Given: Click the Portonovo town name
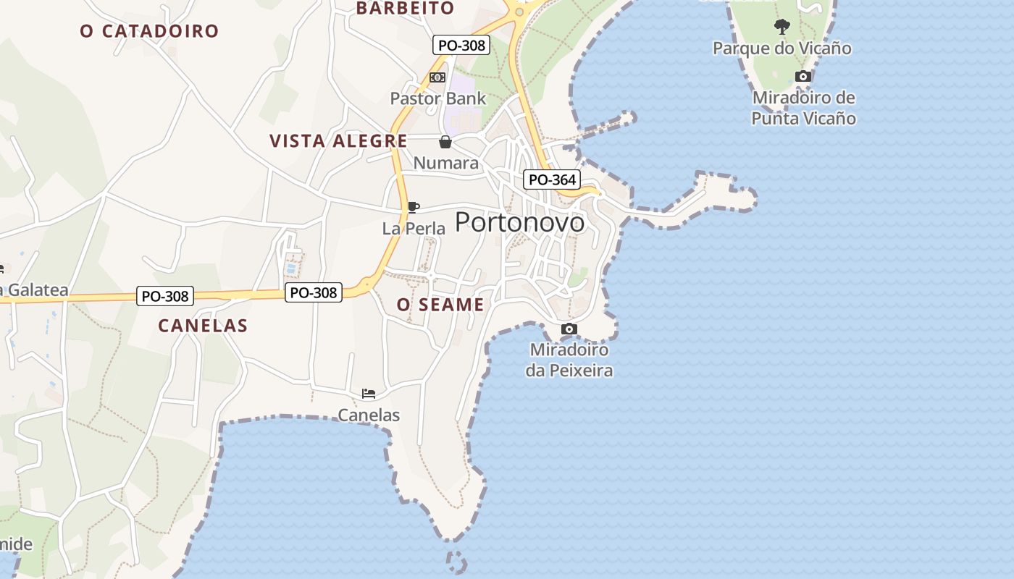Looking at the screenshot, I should pyautogui.click(x=519, y=222).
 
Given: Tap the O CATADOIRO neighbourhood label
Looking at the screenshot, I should pyautogui.click(x=149, y=31).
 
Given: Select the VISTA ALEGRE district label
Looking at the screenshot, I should pyautogui.click(x=338, y=141).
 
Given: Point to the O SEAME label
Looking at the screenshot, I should pyautogui.click(x=440, y=305).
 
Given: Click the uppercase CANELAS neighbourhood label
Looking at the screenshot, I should pyautogui.click(x=203, y=326).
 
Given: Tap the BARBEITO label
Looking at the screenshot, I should pyautogui.click(x=405, y=9).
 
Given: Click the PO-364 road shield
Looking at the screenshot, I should pyautogui.click(x=552, y=179).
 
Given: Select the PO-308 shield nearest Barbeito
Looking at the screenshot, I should pyautogui.click(x=461, y=45).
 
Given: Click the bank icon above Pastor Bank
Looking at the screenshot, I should pyautogui.click(x=437, y=77).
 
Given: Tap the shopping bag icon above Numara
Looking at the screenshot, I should pyautogui.click(x=445, y=142).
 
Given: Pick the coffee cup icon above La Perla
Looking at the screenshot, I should pyautogui.click(x=413, y=208).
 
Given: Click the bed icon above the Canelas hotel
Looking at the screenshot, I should pyautogui.click(x=369, y=394).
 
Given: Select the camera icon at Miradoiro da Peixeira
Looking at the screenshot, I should pyautogui.click(x=569, y=329).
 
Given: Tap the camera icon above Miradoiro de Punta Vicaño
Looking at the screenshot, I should pyautogui.click(x=803, y=77).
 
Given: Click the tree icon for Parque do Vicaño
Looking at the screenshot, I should pyautogui.click(x=782, y=28).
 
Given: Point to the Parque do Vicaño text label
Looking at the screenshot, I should pyautogui.click(x=782, y=48).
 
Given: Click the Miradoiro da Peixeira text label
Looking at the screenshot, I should pyautogui.click(x=569, y=360).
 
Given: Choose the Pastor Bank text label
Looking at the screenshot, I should pyautogui.click(x=438, y=98).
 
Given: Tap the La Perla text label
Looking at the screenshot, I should pyautogui.click(x=414, y=229).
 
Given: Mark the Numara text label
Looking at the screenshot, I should pyautogui.click(x=446, y=163).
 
